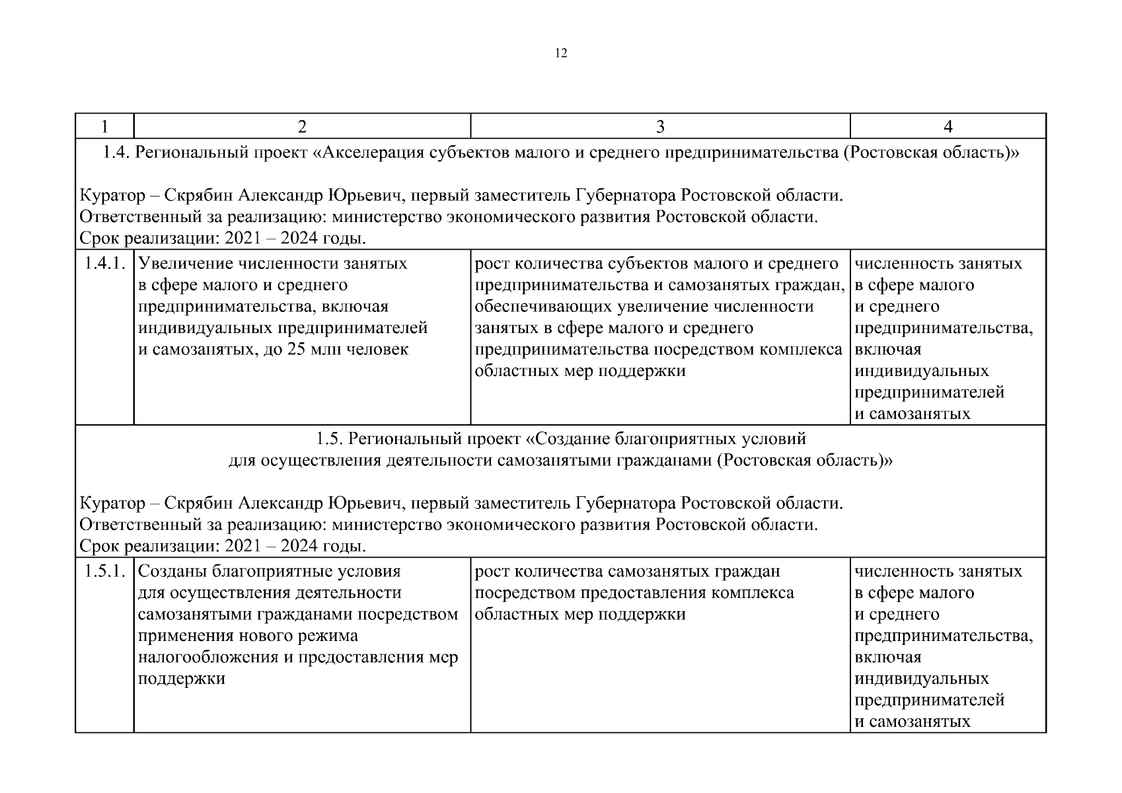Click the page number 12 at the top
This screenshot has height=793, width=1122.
pos(560,54)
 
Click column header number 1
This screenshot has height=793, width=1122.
pos(104,127)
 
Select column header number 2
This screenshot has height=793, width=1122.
pos(302,127)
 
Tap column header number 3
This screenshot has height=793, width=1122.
pos(659,127)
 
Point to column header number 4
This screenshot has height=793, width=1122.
pos(948,127)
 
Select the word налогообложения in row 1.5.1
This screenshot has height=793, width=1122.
pos(208,658)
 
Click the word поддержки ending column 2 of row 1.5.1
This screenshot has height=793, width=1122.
pos(182,679)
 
